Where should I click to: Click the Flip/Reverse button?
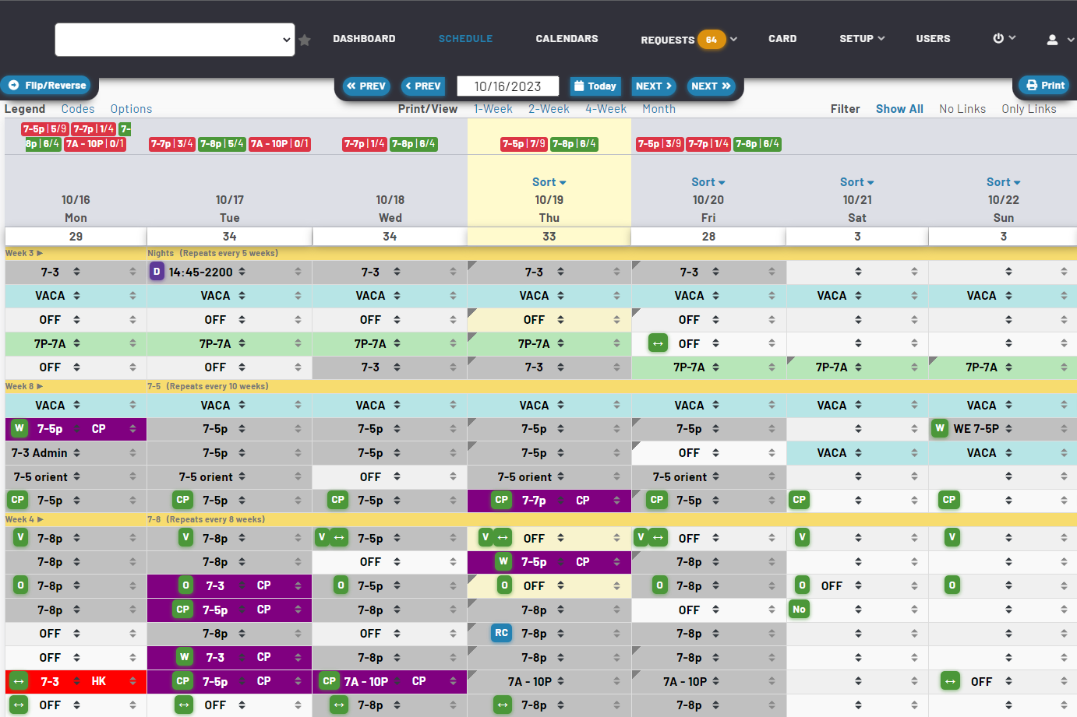tap(47, 86)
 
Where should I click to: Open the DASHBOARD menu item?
tap(364, 39)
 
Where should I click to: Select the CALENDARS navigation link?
tap(567, 39)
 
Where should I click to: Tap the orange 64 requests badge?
tap(711, 40)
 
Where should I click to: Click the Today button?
tap(594, 86)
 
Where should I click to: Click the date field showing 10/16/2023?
tap(507, 86)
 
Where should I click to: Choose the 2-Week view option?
tap(549, 109)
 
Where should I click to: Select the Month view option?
tap(659, 109)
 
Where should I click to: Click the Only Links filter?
tap(1029, 109)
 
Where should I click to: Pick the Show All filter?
tap(899, 109)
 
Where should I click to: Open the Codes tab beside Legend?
tap(78, 109)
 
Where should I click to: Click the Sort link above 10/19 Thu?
tap(549, 182)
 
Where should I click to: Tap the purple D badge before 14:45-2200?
tap(157, 272)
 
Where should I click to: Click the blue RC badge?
tap(501, 633)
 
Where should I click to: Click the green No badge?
tap(799, 610)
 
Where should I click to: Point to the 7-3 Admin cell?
tap(40, 453)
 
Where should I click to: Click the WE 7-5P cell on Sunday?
tap(976, 429)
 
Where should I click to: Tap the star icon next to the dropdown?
tap(305, 40)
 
